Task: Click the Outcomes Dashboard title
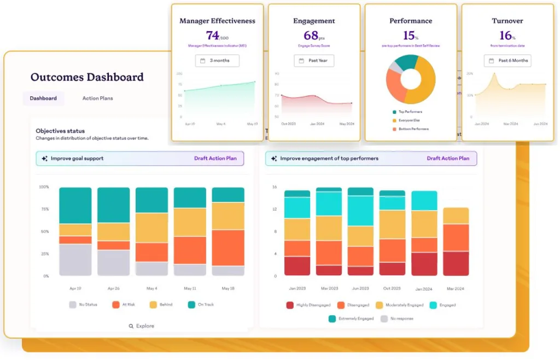click(87, 77)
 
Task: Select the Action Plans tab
click(98, 98)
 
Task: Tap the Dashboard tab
click(43, 98)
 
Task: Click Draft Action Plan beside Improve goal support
click(215, 159)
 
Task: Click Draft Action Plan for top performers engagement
click(448, 159)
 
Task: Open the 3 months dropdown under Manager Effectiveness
click(217, 61)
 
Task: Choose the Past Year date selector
click(314, 61)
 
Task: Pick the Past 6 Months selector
click(507, 61)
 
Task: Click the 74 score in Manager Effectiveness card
click(213, 36)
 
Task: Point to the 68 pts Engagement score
click(311, 36)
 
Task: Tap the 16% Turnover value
click(506, 36)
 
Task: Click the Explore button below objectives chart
click(142, 326)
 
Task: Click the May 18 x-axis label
click(228, 288)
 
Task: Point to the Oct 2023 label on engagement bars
click(392, 288)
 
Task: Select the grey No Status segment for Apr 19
click(75, 260)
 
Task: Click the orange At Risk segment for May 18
click(228, 248)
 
